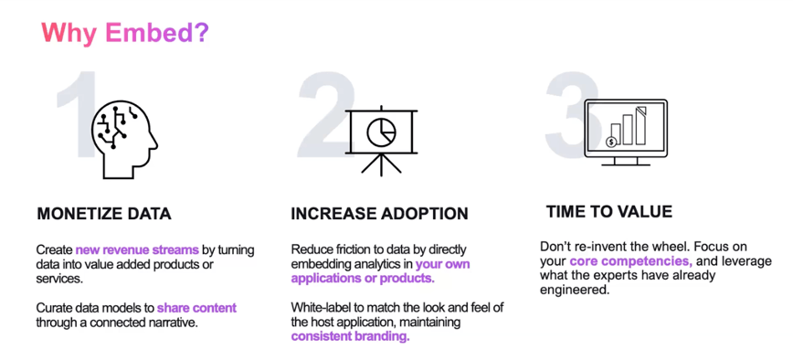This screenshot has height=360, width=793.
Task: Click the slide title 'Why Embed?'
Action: click(124, 34)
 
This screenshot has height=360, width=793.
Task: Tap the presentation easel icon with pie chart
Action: click(380, 137)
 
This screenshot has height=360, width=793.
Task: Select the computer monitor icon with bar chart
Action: click(626, 131)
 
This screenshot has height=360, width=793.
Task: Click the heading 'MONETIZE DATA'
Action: click(104, 215)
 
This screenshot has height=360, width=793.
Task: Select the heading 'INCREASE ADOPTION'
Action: click(379, 215)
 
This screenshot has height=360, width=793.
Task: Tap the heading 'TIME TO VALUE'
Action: click(608, 212)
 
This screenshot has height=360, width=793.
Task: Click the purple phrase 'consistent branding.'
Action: click(350, 336)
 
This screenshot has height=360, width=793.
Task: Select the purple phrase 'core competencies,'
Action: click(627, 262)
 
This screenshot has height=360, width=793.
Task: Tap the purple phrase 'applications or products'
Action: click(363, 279)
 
